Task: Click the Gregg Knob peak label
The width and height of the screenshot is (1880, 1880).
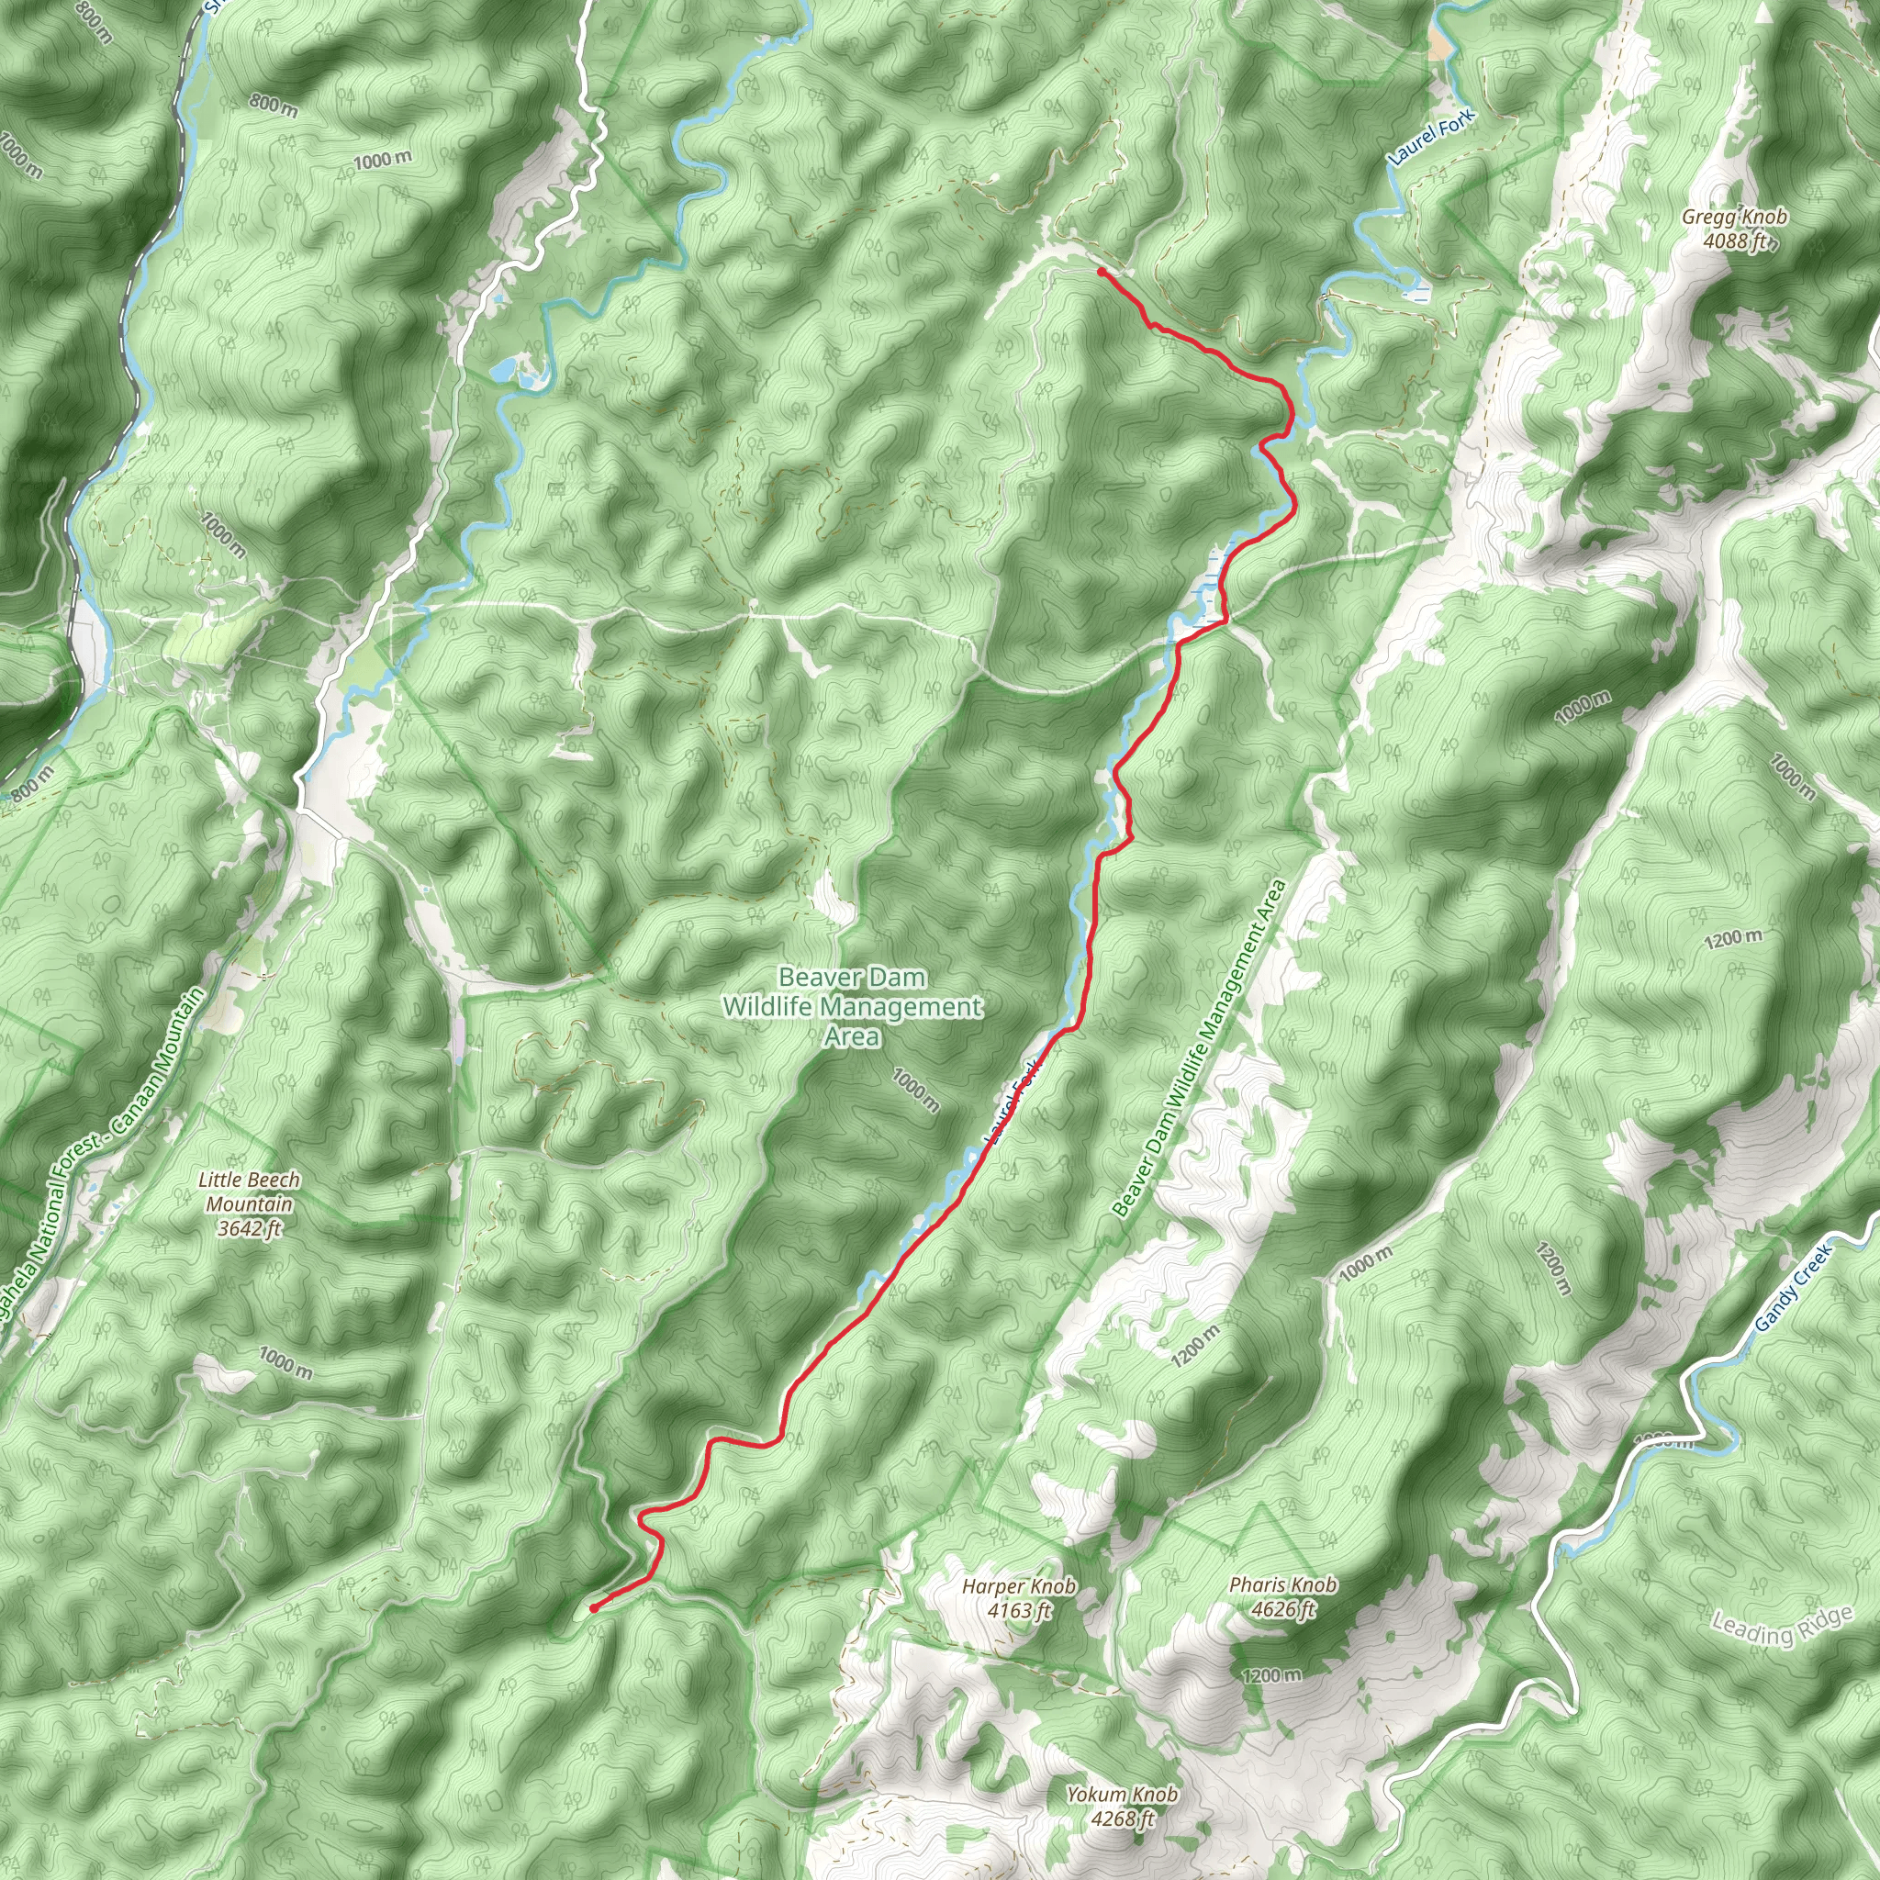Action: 1734,217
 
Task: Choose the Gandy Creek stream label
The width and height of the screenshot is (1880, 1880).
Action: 1793,1287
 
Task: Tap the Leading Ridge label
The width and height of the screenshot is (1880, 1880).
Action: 1782,1625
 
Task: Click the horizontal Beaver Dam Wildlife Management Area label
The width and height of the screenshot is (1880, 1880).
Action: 853,1006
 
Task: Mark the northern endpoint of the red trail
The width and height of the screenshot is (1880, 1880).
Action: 1100,272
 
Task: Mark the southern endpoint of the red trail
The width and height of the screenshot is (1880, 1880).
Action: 593,1608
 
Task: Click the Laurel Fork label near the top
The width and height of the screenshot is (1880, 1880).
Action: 1430,136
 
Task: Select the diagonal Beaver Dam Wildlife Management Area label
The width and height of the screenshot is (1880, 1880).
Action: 1200,1049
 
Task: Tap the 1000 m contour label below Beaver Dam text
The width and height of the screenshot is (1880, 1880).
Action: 915,1091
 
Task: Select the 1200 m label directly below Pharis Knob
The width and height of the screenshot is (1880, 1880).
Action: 1271,1674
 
